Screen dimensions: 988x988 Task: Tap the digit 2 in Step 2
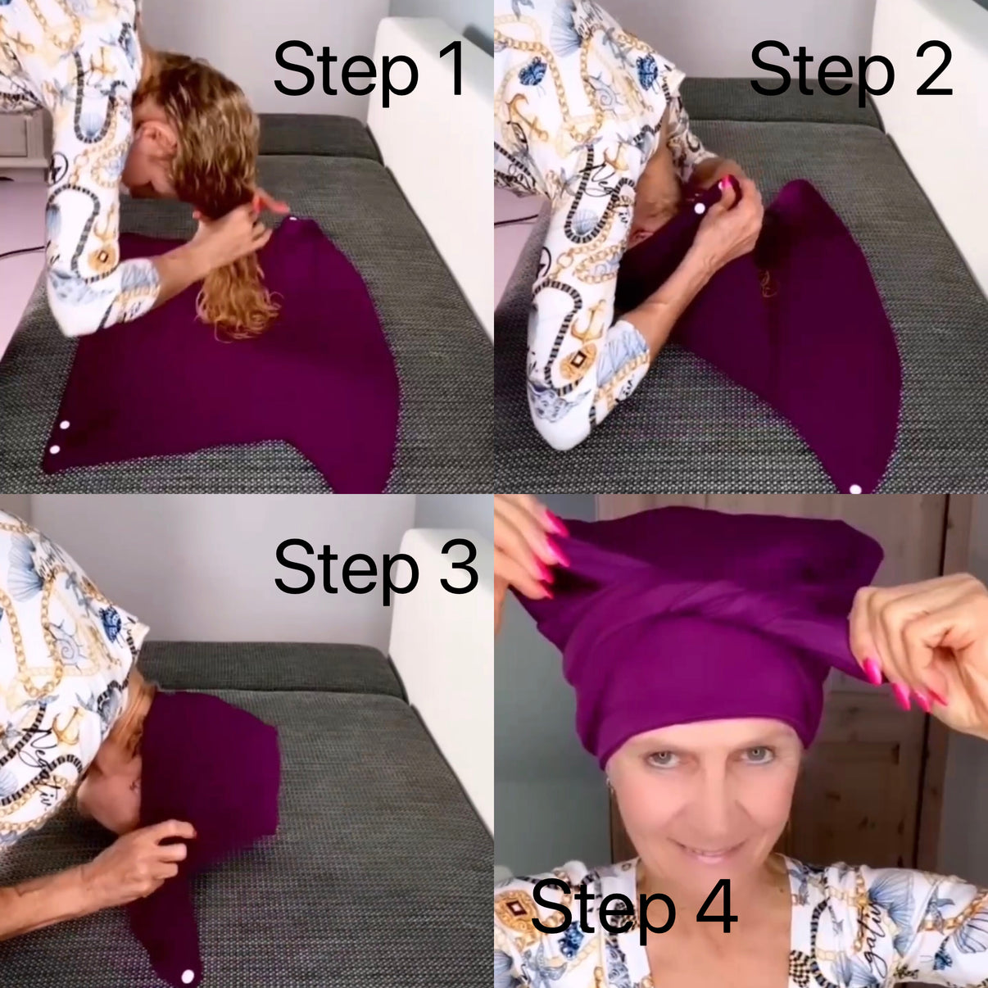tap(934, 70)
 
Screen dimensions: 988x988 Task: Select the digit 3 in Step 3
tap(459, 567)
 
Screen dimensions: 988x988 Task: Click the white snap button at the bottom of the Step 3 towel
tap(187, 976)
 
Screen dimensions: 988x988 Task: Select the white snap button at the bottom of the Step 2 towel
tap(855, 489)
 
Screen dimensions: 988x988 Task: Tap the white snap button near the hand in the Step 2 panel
tap(699, 210)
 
